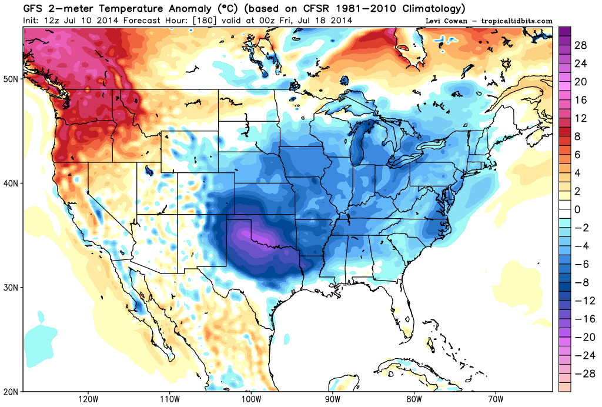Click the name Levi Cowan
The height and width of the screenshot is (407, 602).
click(x=446, y=21)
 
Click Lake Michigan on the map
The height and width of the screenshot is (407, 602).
click(x=357, y=150)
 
